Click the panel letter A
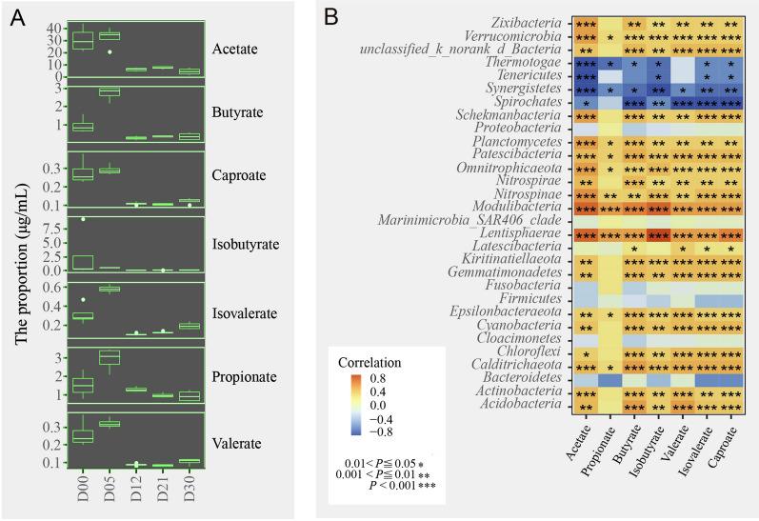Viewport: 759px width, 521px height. [x=18, y=17]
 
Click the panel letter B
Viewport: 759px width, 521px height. [x=334, y=17]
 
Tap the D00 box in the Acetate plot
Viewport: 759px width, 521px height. [x=83, y=41]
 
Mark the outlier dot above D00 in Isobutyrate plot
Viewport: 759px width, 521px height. [x=83, y=220]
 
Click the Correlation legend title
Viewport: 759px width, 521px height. [x=370, y=364]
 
